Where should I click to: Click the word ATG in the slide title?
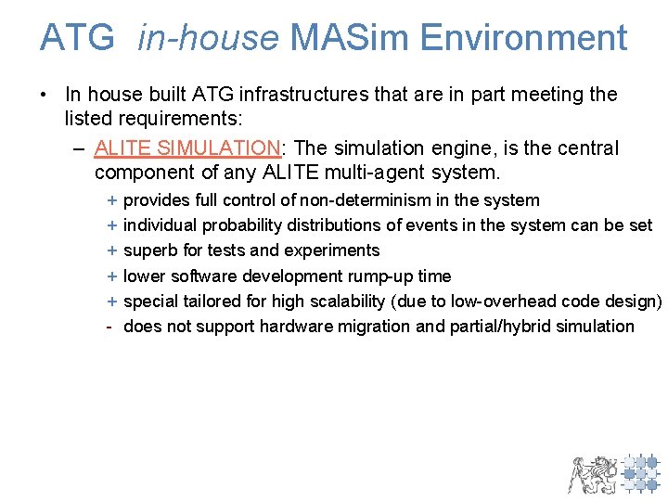tap(77, 38)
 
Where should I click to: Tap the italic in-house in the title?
tap(208, 38)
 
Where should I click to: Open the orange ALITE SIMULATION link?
tap(186, 148)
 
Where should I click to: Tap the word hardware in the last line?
tap(292, 327)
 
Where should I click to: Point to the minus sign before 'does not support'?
tap(109, 327)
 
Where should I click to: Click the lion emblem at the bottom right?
tap(592, 473)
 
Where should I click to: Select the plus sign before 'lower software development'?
tap(111, 276)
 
